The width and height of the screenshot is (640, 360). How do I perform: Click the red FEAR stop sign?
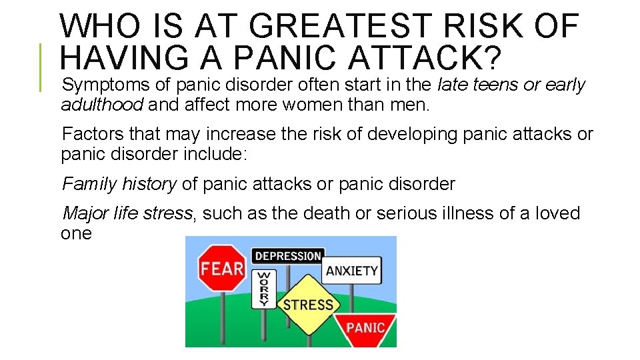[x=222, y=269]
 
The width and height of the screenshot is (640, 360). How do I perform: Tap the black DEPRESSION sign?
[x=287, y=256]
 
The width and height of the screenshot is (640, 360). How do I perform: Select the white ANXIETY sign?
[x=351, y=271]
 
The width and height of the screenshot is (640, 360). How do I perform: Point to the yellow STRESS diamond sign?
[x=308, y=305]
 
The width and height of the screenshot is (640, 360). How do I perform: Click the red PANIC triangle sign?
[x=365, y=327]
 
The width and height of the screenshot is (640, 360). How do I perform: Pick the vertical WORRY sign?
[x=264, y=289]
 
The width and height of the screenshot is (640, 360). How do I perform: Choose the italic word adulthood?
[x=102, y=105]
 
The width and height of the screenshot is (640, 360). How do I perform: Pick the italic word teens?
[x=489, y=85]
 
